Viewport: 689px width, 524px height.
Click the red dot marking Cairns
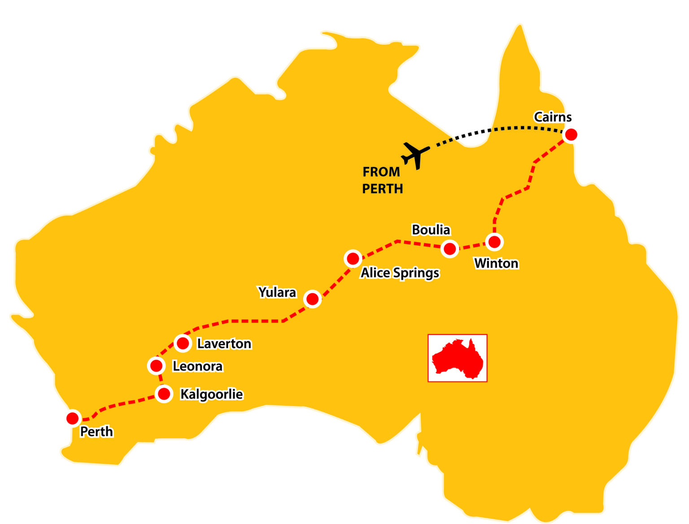[571, 134]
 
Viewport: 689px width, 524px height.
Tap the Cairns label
[553, 117]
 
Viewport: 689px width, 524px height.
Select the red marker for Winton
[494, 242]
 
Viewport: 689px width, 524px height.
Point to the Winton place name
[496, 263]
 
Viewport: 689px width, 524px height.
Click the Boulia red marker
[449, 249]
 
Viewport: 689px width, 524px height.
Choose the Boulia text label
[431, 230]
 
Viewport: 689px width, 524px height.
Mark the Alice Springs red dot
[353, 259]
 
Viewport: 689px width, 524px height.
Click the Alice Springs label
[400, 273]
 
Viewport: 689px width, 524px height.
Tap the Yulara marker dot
[312, 299]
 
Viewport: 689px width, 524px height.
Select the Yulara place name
[277, 292]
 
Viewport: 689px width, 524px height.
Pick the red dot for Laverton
[183, 343]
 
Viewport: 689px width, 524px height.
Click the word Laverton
[224, 344]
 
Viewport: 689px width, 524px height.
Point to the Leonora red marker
[156, 366]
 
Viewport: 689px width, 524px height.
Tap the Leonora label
[197, 366]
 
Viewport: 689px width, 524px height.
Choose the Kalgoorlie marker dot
[164, 394]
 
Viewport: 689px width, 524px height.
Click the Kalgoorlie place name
[211, 394]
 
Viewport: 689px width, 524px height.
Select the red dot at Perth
[73, 418]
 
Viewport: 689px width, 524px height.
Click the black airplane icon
[415, 155]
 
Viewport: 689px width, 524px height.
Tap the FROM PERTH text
[382, 180]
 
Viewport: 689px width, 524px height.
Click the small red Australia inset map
[457, 358]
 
